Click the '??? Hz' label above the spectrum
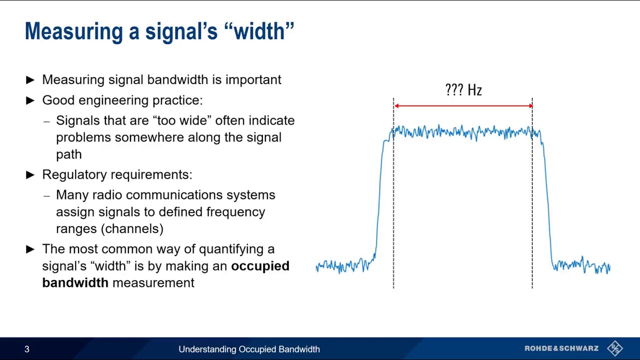[x=463, y=90]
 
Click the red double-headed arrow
[x=463, y=105]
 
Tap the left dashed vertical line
[x=393, y=210]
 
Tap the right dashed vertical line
[x=532, y=210]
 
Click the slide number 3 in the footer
[x=27, y=349]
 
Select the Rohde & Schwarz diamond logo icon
[x=615, y=348]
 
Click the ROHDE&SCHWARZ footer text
[x=561, y=348]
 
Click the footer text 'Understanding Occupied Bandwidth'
[x=249, y=349]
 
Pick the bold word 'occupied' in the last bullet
[x=260, y=266]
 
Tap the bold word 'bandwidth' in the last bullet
[x=75, y=283]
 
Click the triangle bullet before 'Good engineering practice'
[x=30, y=100]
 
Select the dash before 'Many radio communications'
[x=46, y=195]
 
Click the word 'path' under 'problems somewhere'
[x=68, y=154]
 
